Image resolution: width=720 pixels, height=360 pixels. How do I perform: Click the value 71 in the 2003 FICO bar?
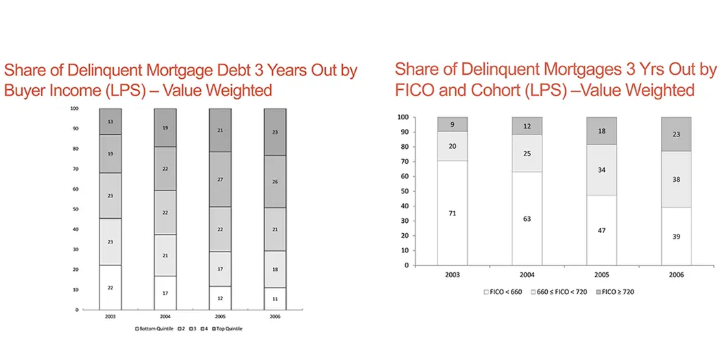pyautogui.click(x=453, y=213)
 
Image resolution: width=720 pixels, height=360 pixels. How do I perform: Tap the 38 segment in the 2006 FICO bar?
pyautogui.click(x=676, y=179)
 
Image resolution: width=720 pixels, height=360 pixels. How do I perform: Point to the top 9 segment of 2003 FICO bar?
pyautogui.click(x=453, y=124)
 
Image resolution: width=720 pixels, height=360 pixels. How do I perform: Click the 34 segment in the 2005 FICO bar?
pyautogui.click(x=601, y=169)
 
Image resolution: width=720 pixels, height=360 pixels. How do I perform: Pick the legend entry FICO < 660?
pyautogui.click(x=506, y=291)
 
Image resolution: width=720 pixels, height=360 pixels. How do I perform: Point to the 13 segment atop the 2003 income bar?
pyautogui.click(x=110, y=121)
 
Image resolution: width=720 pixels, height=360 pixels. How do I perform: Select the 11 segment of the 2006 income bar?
pyautogui.click(x=275, y=300)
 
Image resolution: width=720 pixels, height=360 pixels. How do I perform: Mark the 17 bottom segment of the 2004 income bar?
pyautogui.click(x=165, y=293)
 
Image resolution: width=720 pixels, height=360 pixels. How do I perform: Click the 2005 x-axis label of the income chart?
pyautogui.click(x=220, y=317)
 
